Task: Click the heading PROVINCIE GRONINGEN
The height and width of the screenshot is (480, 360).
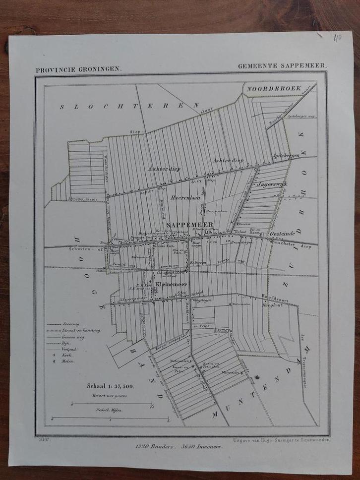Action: tap(78, 69)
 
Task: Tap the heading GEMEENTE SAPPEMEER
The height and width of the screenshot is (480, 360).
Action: tap(281, 65)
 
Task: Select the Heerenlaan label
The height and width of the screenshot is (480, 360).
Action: tap(184, 197)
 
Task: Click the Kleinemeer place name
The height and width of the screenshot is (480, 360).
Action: tap(171, 284)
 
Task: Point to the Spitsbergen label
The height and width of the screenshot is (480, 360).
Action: tap(285, 156)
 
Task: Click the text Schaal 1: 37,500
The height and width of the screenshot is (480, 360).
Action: tap(107, 386)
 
